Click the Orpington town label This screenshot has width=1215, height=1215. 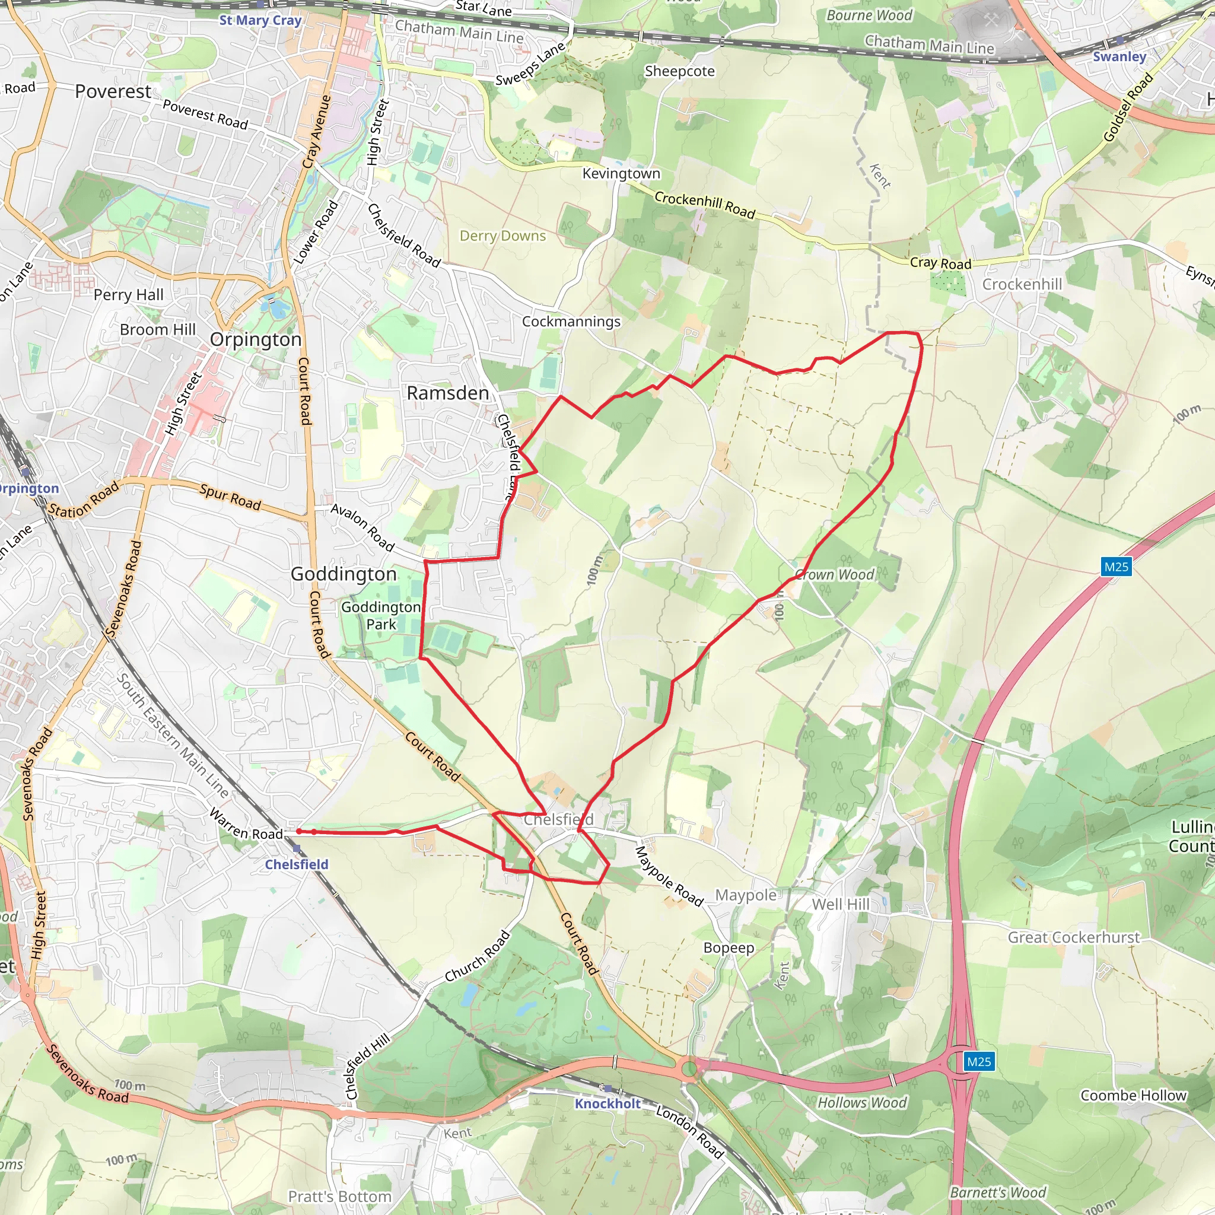tap(255, 339)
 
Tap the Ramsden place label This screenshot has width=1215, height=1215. tap(447, 393)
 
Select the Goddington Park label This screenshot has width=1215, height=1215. tap(380, 615)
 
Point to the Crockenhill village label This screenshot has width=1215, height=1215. tap(1022, 284)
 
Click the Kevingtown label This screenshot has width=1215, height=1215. tap(621, 174)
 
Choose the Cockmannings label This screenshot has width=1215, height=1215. tap(571, 322)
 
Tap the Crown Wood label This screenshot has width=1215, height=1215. tap(834, 574)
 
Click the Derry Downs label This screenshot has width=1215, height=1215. tap(502, 236)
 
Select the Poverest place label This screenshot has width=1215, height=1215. tap(113, 92)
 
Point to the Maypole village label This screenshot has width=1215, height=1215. tap(745, 895)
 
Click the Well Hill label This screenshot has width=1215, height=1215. tap(840, 904)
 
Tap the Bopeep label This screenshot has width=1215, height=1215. tap(729, 947)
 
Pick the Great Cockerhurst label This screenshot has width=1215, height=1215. tap(1073, 937)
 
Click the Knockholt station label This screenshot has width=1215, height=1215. tap(607, 1103)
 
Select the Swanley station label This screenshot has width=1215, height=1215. tap(1119, 56)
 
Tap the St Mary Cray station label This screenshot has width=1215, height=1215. tap(260, 20)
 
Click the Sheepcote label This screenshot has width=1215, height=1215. tap(679, 71)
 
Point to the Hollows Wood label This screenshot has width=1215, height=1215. tap(861, 1102)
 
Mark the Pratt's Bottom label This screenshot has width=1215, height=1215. tap(339, 1196)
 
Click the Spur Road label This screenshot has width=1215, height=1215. tap(230, 497)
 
